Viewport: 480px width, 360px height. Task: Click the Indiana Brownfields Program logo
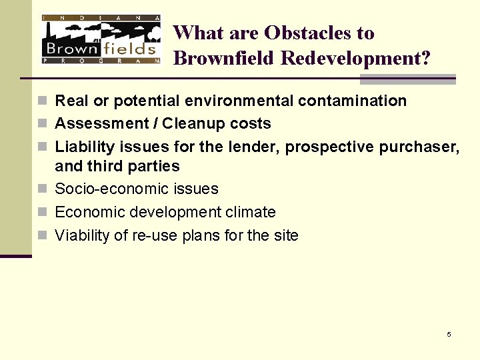101,39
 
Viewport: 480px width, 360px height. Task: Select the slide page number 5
449,334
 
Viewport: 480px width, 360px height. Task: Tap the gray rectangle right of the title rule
407,79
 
